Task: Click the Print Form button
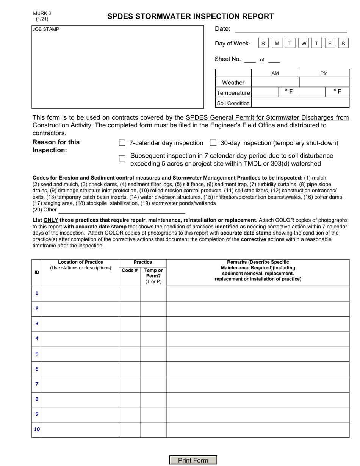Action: pyautogui.click(x=193, y=460)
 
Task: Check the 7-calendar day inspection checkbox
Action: pyautogui.click(x=122, y=143)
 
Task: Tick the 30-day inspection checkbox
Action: pyautogui.click(x=213, y=143)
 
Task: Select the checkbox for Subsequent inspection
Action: pyautogui.click(x=122, y=158)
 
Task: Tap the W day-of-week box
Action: pyautogui.click(x=304, y=44)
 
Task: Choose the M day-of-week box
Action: pyautogui.click(x=277, y=44)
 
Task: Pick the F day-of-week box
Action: pyautogui.click(x=330, y=44)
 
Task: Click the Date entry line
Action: pyautogui.click(x=291, y=29)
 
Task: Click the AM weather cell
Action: pyautogui.click(x=275, y=82)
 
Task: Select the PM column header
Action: pyautogui.click(x=324, y=73)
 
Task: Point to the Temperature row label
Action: pyautogui.click(x=233, y=93)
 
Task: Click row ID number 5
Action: pyautogui.click(x=37, y=354)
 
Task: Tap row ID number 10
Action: pyautogui.click(x=37, y=430)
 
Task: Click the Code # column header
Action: pyautogui.click(x=130, y=271)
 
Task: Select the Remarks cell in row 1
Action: pyautogui.click(x=258, y=294)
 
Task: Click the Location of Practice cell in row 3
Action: pyautogui.click(x=80, y=324)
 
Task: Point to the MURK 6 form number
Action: pyautogui.click(x=42, y=14)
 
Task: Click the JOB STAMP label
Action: pyautogui.click(x=46, y=29)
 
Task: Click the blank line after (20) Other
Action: pyautogui.click(x=121, y=210)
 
